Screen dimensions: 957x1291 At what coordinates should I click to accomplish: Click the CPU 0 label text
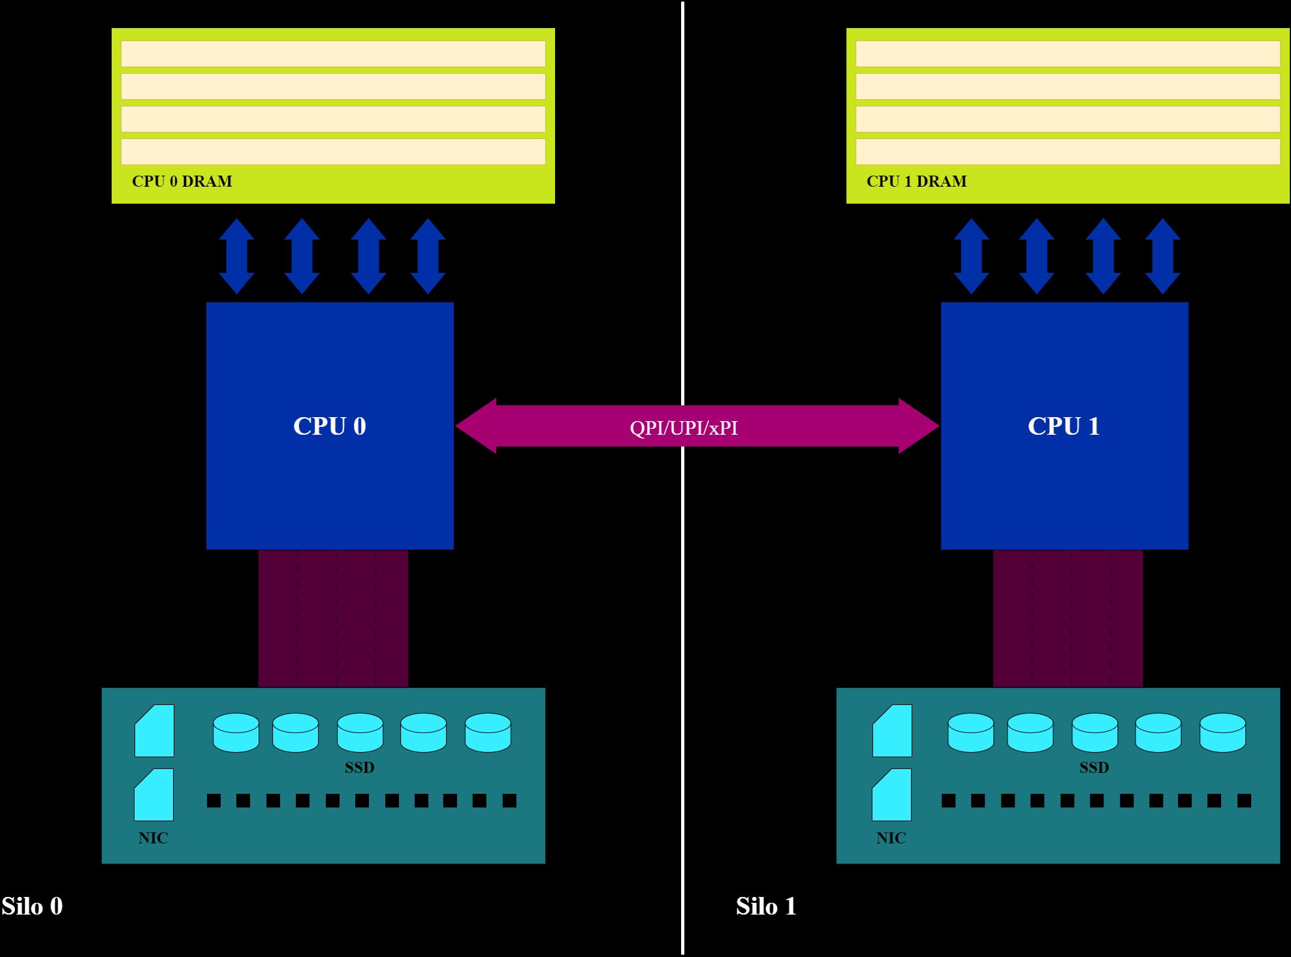point(329,426)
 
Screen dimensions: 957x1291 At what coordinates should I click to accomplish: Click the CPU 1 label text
point(1064,426)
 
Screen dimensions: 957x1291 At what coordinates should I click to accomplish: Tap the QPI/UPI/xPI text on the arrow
point(683,428)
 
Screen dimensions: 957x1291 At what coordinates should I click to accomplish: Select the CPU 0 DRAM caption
point(182,181)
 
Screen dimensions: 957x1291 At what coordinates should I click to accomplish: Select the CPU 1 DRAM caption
point(916,181)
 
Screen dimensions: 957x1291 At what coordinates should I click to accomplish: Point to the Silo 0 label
point(32,906)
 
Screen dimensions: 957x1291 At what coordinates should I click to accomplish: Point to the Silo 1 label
point(766,906)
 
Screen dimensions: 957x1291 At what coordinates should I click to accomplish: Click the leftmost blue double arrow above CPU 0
point(236,256)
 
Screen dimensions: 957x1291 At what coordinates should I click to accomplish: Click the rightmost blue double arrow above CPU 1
point(1162,256)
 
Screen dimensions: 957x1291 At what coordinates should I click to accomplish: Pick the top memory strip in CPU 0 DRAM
point(333,54)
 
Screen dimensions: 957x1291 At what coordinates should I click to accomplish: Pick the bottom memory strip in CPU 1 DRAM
point(1067,151)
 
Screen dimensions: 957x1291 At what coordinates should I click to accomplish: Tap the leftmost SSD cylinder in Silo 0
point(236,732)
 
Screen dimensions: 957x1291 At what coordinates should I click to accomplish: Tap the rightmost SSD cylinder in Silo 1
point(1222,732)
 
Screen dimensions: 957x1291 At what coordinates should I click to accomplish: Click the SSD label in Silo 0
point(359,767)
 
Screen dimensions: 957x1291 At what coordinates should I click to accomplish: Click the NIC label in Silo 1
point(891,838)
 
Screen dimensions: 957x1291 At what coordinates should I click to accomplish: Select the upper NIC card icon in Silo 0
point(155,731)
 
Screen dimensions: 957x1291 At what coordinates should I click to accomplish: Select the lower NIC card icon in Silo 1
point(892,795)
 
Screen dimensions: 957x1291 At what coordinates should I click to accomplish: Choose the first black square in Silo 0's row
point(214,800)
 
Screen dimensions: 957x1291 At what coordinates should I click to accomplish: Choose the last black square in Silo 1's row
point(1244,800)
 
